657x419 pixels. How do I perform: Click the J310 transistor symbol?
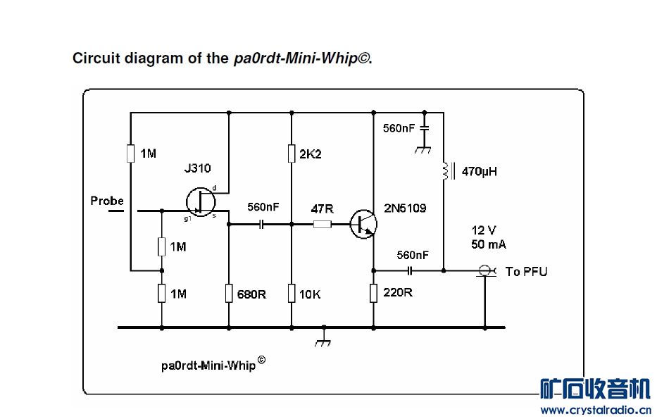[201, 202]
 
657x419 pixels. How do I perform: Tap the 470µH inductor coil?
[444, 170]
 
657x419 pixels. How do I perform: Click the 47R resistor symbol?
[322, 225]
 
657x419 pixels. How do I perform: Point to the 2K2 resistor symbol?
[291, 154]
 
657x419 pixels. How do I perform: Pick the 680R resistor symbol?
[229, 293]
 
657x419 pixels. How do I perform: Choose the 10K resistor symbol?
[291, 293]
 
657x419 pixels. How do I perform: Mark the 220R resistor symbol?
[373, 293]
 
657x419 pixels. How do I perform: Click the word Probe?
[107, 201]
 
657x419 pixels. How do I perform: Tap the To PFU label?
[526, 271]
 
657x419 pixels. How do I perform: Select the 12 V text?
[484, 230]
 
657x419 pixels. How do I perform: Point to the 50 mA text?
[489, 244]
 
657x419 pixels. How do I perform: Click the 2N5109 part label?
[405, 208]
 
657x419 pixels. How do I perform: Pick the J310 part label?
[197, 168]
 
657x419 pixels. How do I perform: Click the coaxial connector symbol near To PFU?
[484, 270]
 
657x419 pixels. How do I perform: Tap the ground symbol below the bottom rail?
[323, 340]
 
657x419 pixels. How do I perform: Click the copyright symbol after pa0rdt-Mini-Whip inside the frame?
[261, 360]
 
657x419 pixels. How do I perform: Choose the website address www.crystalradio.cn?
[595, 410]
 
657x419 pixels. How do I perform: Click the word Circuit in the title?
[94, 58]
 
